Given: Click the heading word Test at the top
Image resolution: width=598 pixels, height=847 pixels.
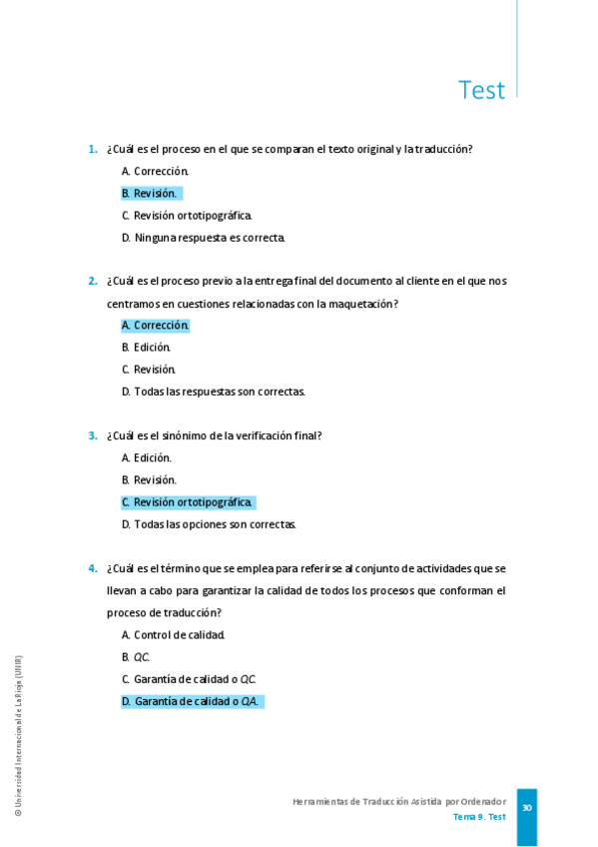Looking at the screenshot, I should pos(481,90).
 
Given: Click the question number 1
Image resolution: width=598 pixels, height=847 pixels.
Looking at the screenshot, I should pos(92,150).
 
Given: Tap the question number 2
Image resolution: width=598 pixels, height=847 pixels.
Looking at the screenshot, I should pos(92,281).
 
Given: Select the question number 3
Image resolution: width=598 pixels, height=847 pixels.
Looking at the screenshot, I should pos(92,435).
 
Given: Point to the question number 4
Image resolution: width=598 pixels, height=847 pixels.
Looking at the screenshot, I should pos(92,568).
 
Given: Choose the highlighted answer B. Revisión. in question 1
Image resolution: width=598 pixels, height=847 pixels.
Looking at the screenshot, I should pos(150,194).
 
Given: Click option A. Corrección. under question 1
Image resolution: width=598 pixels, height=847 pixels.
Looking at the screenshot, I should pos(155,172).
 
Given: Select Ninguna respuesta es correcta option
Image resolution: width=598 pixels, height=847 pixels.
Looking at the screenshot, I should pos(203,238).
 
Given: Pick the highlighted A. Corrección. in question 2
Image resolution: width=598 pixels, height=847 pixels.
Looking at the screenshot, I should pos(155,326).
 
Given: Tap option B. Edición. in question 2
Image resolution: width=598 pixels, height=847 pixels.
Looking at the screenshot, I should pos(146,348).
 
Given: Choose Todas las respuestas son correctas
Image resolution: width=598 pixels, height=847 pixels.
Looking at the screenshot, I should pos(213,392).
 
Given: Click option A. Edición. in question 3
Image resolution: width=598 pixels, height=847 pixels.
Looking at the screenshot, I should pos(146,458).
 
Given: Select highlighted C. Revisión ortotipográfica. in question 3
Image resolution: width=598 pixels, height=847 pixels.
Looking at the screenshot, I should pos(187,502).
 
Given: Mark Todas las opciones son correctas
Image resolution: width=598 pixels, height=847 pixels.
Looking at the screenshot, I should pos(209,524).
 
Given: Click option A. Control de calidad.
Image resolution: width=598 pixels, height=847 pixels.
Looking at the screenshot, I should pos(173,635).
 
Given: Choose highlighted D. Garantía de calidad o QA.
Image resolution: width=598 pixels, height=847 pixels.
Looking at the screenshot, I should pos(191,701).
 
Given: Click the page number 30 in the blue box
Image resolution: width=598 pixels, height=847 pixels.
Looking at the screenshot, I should pos(526,808).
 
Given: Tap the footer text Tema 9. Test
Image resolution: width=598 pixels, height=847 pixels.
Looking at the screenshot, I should pos(479,817).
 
